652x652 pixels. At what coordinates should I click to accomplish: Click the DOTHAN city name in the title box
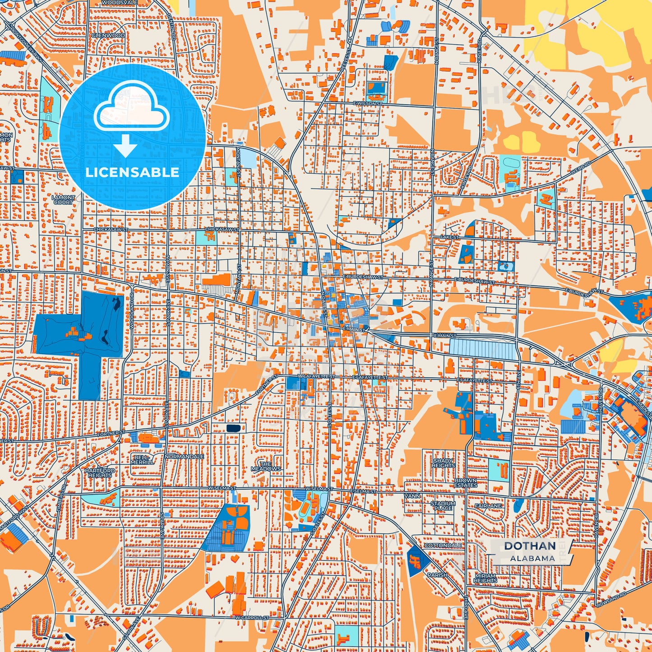(x=530, y=546)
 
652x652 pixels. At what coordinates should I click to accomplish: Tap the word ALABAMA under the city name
(x=532, y=558)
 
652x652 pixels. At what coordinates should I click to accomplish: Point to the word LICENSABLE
(x=132, y=172)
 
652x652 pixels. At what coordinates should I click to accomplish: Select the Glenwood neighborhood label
(x=108, y=35)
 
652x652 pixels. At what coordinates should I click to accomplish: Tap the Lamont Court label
(x=63, y=200)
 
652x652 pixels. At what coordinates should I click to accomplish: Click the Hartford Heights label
(x=100, y=472)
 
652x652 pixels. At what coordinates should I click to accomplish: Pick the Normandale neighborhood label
(x=184, y=457)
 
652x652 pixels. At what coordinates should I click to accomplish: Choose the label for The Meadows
(x=266, y=467)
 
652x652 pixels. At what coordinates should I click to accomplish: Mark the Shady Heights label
(x=444, y=463)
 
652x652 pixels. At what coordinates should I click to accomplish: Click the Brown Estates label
(x=466, y=483)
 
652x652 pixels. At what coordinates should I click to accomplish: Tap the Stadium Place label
(x=443, y=505)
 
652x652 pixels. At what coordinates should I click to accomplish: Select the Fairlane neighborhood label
(x=488, y=506)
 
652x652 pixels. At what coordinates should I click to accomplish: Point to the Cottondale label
(x=443, y=545)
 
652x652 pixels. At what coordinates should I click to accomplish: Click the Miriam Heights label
(x=486, y=578)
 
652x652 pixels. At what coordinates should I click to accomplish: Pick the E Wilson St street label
(x=367, y=103)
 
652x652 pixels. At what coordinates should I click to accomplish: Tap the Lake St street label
(x=449, y=237)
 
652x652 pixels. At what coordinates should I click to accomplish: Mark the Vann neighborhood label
(x=412, y=496)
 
